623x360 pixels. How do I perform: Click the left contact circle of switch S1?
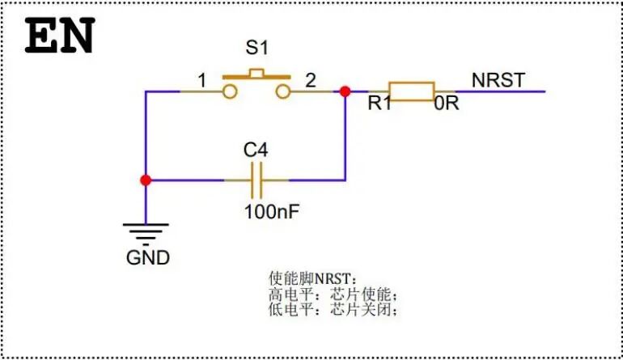coord(231,91)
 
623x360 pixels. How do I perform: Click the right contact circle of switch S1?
coord(282,91)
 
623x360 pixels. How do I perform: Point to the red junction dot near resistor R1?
coord(345,91)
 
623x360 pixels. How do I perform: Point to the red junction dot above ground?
coord(146,180)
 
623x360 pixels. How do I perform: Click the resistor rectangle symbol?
coord(411,91)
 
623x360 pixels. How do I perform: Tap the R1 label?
coord(379,104)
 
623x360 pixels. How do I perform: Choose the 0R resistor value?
coord(447,104)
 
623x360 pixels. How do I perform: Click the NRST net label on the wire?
coord(498,79)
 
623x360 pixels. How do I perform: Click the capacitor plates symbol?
coord(256,180)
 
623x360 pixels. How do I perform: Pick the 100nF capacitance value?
coord(273,213)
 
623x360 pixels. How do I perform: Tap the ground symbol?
coord(146,232)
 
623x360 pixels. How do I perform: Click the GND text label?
coord(148,258)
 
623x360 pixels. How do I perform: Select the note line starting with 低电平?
coord(333,309)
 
